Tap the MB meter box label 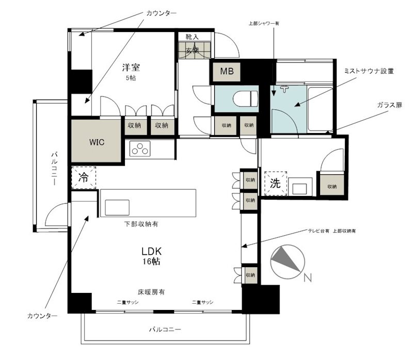click(227, 72)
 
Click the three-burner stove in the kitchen click(140, 150)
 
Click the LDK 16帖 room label click(152, 256)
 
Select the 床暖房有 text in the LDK click(151, 291)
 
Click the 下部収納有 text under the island click(141, 224)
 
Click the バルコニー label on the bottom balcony click(165, 329)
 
